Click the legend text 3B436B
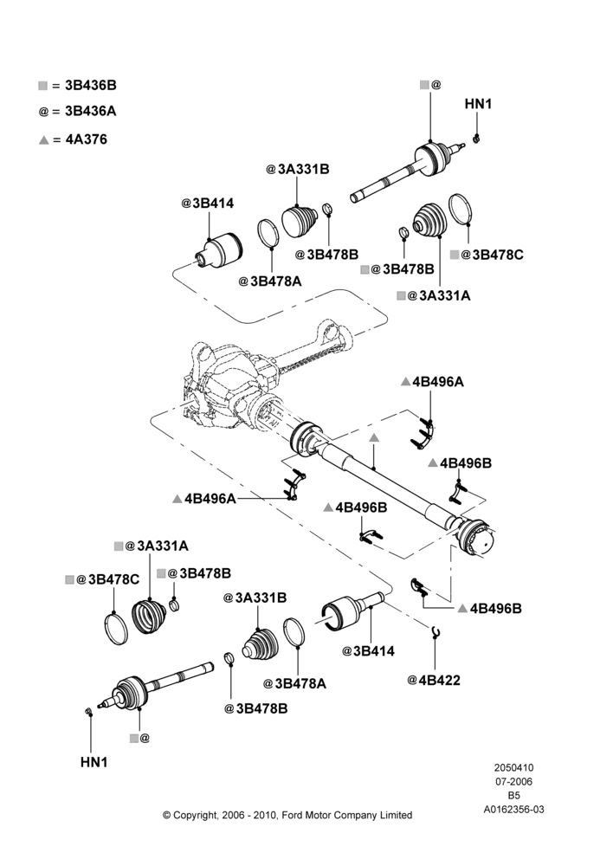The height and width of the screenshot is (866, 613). [x=91, y=85]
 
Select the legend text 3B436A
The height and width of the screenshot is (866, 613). [x=91, y=111]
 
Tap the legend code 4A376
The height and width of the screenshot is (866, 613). [x=87, y=139]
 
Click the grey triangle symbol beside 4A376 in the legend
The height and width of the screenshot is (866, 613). [x=44, y=140]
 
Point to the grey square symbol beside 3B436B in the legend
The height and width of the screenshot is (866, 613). [x=43, y=86]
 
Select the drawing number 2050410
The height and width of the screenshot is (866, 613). [x=513, y=767]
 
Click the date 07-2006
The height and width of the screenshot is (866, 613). [x=513, y=781]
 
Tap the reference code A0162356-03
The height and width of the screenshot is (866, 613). [x=513, y=810]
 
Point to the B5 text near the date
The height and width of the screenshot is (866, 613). [x=513, y=796]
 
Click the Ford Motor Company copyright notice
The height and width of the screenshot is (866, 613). [x=287, y=815]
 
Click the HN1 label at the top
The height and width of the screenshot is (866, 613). [x=478, y=104]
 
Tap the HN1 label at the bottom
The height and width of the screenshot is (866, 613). [x=94, y=762]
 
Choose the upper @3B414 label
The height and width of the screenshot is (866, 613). [x=208, y=204]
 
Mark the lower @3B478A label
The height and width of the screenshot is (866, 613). [x=294, y=684]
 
